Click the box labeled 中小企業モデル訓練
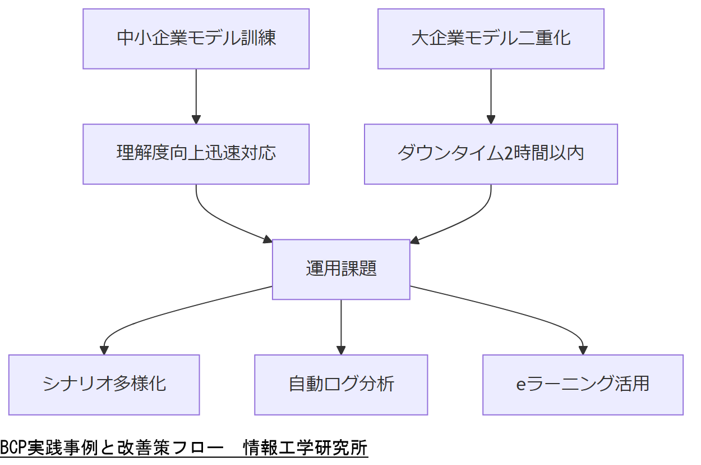196,39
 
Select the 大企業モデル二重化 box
491,39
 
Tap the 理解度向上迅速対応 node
196,154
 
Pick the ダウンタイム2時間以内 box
491,154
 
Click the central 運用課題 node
341,269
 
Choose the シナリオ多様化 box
104,385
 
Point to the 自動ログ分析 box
341,385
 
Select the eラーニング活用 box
583,385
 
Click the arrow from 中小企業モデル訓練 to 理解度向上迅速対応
196,95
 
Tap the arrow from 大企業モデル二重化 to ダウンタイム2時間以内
491,95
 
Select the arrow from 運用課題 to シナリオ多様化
168,312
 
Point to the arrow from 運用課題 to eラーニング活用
516,312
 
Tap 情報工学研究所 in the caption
306,448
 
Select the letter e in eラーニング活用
520,385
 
